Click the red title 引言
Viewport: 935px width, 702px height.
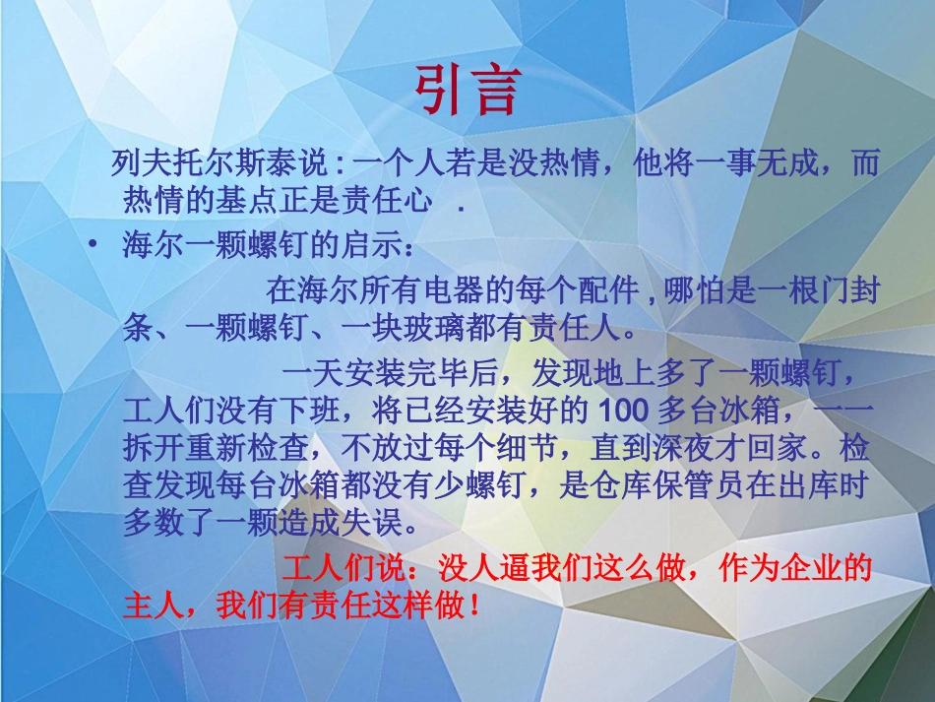(466, 90)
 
